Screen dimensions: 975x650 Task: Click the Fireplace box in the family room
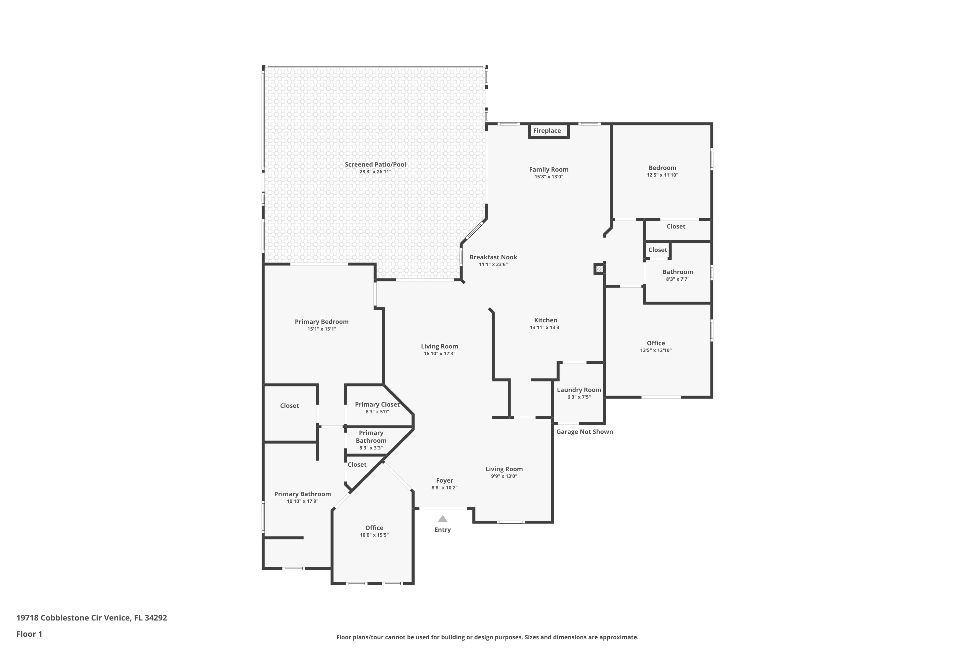(549, 131)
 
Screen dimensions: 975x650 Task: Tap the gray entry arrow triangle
(443, 519)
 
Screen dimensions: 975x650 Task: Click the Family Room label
(549, 170)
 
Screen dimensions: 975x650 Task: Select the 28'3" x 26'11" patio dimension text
(375, 172)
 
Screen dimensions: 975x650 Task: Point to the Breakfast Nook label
(493, 257)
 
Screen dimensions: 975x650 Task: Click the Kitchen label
(546, 320)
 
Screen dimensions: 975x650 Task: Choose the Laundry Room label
(579, 390)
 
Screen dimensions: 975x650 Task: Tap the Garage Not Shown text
(584, 432)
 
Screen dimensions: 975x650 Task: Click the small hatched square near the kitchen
(599, 269)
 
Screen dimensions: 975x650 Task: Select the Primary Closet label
(377, 405)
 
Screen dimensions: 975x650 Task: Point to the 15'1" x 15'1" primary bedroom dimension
(322, 329)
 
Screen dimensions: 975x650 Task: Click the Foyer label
(444, 481)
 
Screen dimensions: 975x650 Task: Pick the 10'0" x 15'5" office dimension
(374, 535)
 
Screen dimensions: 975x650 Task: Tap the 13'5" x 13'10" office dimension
(656, 350)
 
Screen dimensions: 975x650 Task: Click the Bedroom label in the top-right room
(662, 168)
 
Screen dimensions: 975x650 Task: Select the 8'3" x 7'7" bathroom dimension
(678, 279)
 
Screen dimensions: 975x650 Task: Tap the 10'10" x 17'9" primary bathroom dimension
(303, 501)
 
